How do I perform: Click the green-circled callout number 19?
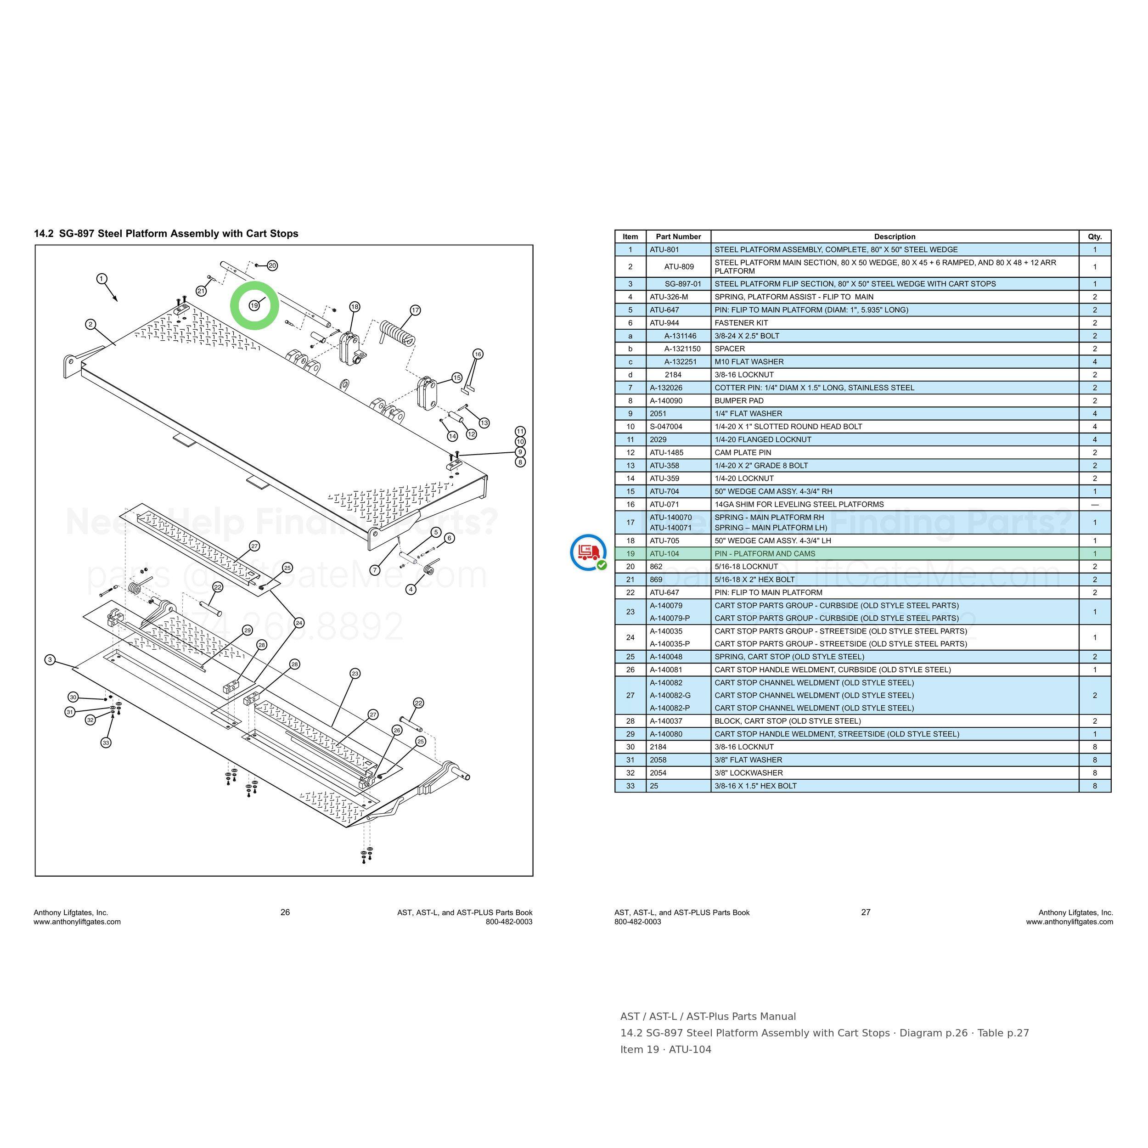point(254,305)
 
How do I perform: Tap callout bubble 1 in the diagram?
point(101,279)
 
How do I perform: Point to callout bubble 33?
point(106,742)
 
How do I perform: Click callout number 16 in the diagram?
point(478,354)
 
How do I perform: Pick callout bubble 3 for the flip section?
point(50,659)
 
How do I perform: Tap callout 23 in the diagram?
point(355,673)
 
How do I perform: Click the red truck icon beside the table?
point(588,552)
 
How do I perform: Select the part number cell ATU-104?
point(664,554)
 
